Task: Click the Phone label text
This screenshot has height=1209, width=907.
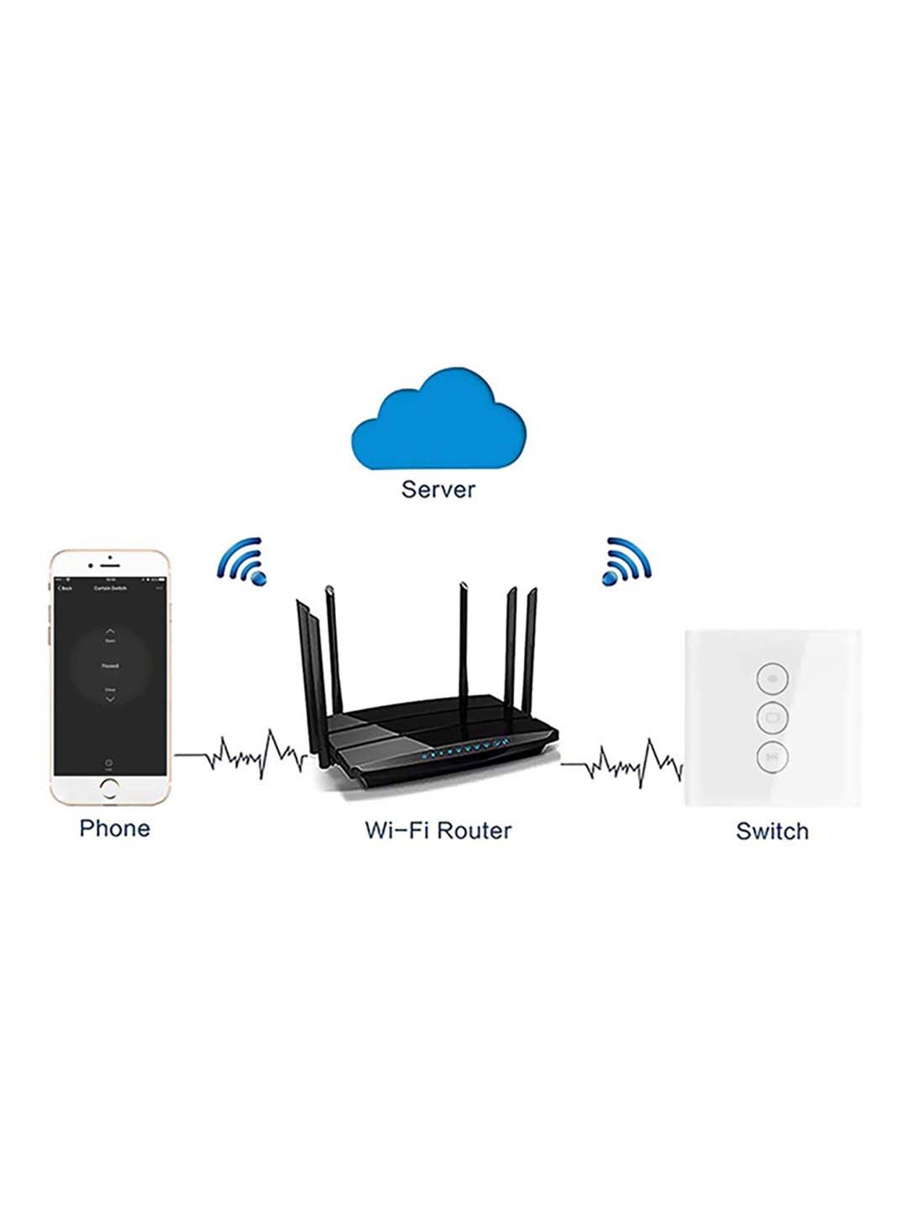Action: pos(115,828)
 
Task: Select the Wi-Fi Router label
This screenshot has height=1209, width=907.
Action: pos(438,831)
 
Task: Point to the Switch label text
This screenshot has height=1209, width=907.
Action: pos(772,831)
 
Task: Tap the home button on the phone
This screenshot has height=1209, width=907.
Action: pos(109,788)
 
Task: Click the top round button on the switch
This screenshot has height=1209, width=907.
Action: pos(773,678)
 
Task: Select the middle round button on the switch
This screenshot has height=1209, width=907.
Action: pos(773,718)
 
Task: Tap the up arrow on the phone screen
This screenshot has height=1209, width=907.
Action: pos(110,631)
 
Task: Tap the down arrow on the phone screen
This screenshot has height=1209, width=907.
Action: pos(110,699)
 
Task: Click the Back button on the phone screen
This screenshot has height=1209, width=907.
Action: pos(65,588)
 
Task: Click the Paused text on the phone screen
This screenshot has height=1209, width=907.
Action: pos(110,666)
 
